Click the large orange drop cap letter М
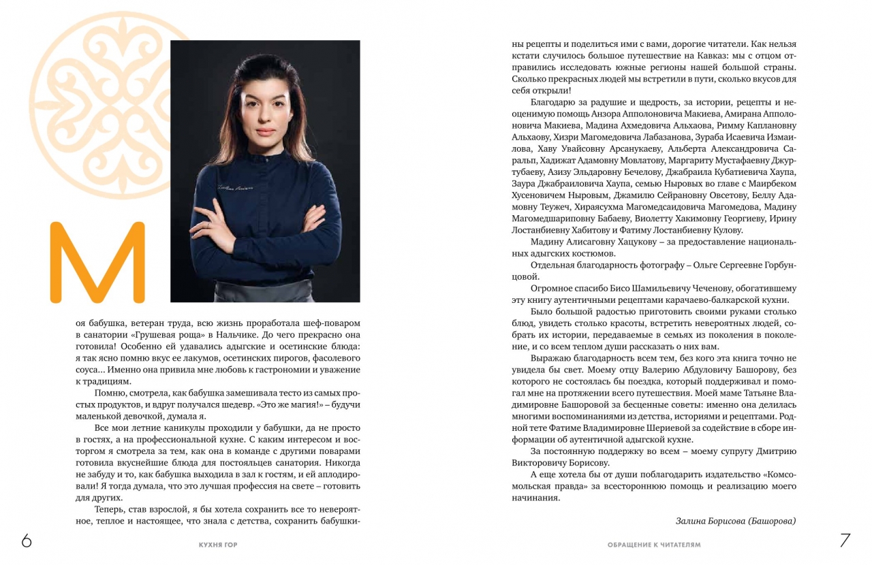pyautogui.click(x=98, y=262)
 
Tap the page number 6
pyautogui.click(x=27, y=540)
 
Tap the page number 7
pyautogui.click(x=845, y=540)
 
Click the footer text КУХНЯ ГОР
pyautogui.click(x=217, y=545)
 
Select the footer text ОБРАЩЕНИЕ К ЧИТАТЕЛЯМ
pyautogui.click(x=654, y=545)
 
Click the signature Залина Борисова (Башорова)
pyautogui.click(x=736, y=521)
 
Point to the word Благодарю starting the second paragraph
pyautogui.click(x=552, y=101)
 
